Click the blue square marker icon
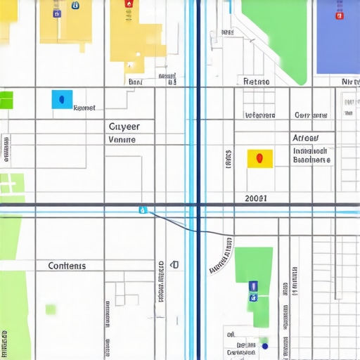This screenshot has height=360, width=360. click(x=62, y=99)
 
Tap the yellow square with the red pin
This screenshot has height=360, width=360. click(x=260, y=158)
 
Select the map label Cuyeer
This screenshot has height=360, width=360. click(x=124, y=127)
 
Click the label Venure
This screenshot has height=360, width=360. click(x=122, y=139)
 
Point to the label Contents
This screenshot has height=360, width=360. click(x=67, y=266)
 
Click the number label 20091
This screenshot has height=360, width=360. click(x=255, y=198)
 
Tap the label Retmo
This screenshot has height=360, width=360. click(x=256, y=82)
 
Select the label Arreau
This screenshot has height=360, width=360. click(x=304, y=139)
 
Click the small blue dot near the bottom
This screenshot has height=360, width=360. click(x=264, y=345)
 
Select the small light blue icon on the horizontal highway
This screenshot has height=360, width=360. click(x=143, y=210)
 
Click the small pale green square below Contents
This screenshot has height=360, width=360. click(x=51, y=309)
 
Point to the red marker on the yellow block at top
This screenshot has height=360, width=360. click(x=128, y=4)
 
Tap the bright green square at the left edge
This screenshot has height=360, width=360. click(x=6, y=99)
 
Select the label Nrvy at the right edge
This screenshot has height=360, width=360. click(x=349, y=82)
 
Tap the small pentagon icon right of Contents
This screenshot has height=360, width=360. click(x=174, y=265)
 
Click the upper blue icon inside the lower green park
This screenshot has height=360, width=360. click(x=253, y=285)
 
